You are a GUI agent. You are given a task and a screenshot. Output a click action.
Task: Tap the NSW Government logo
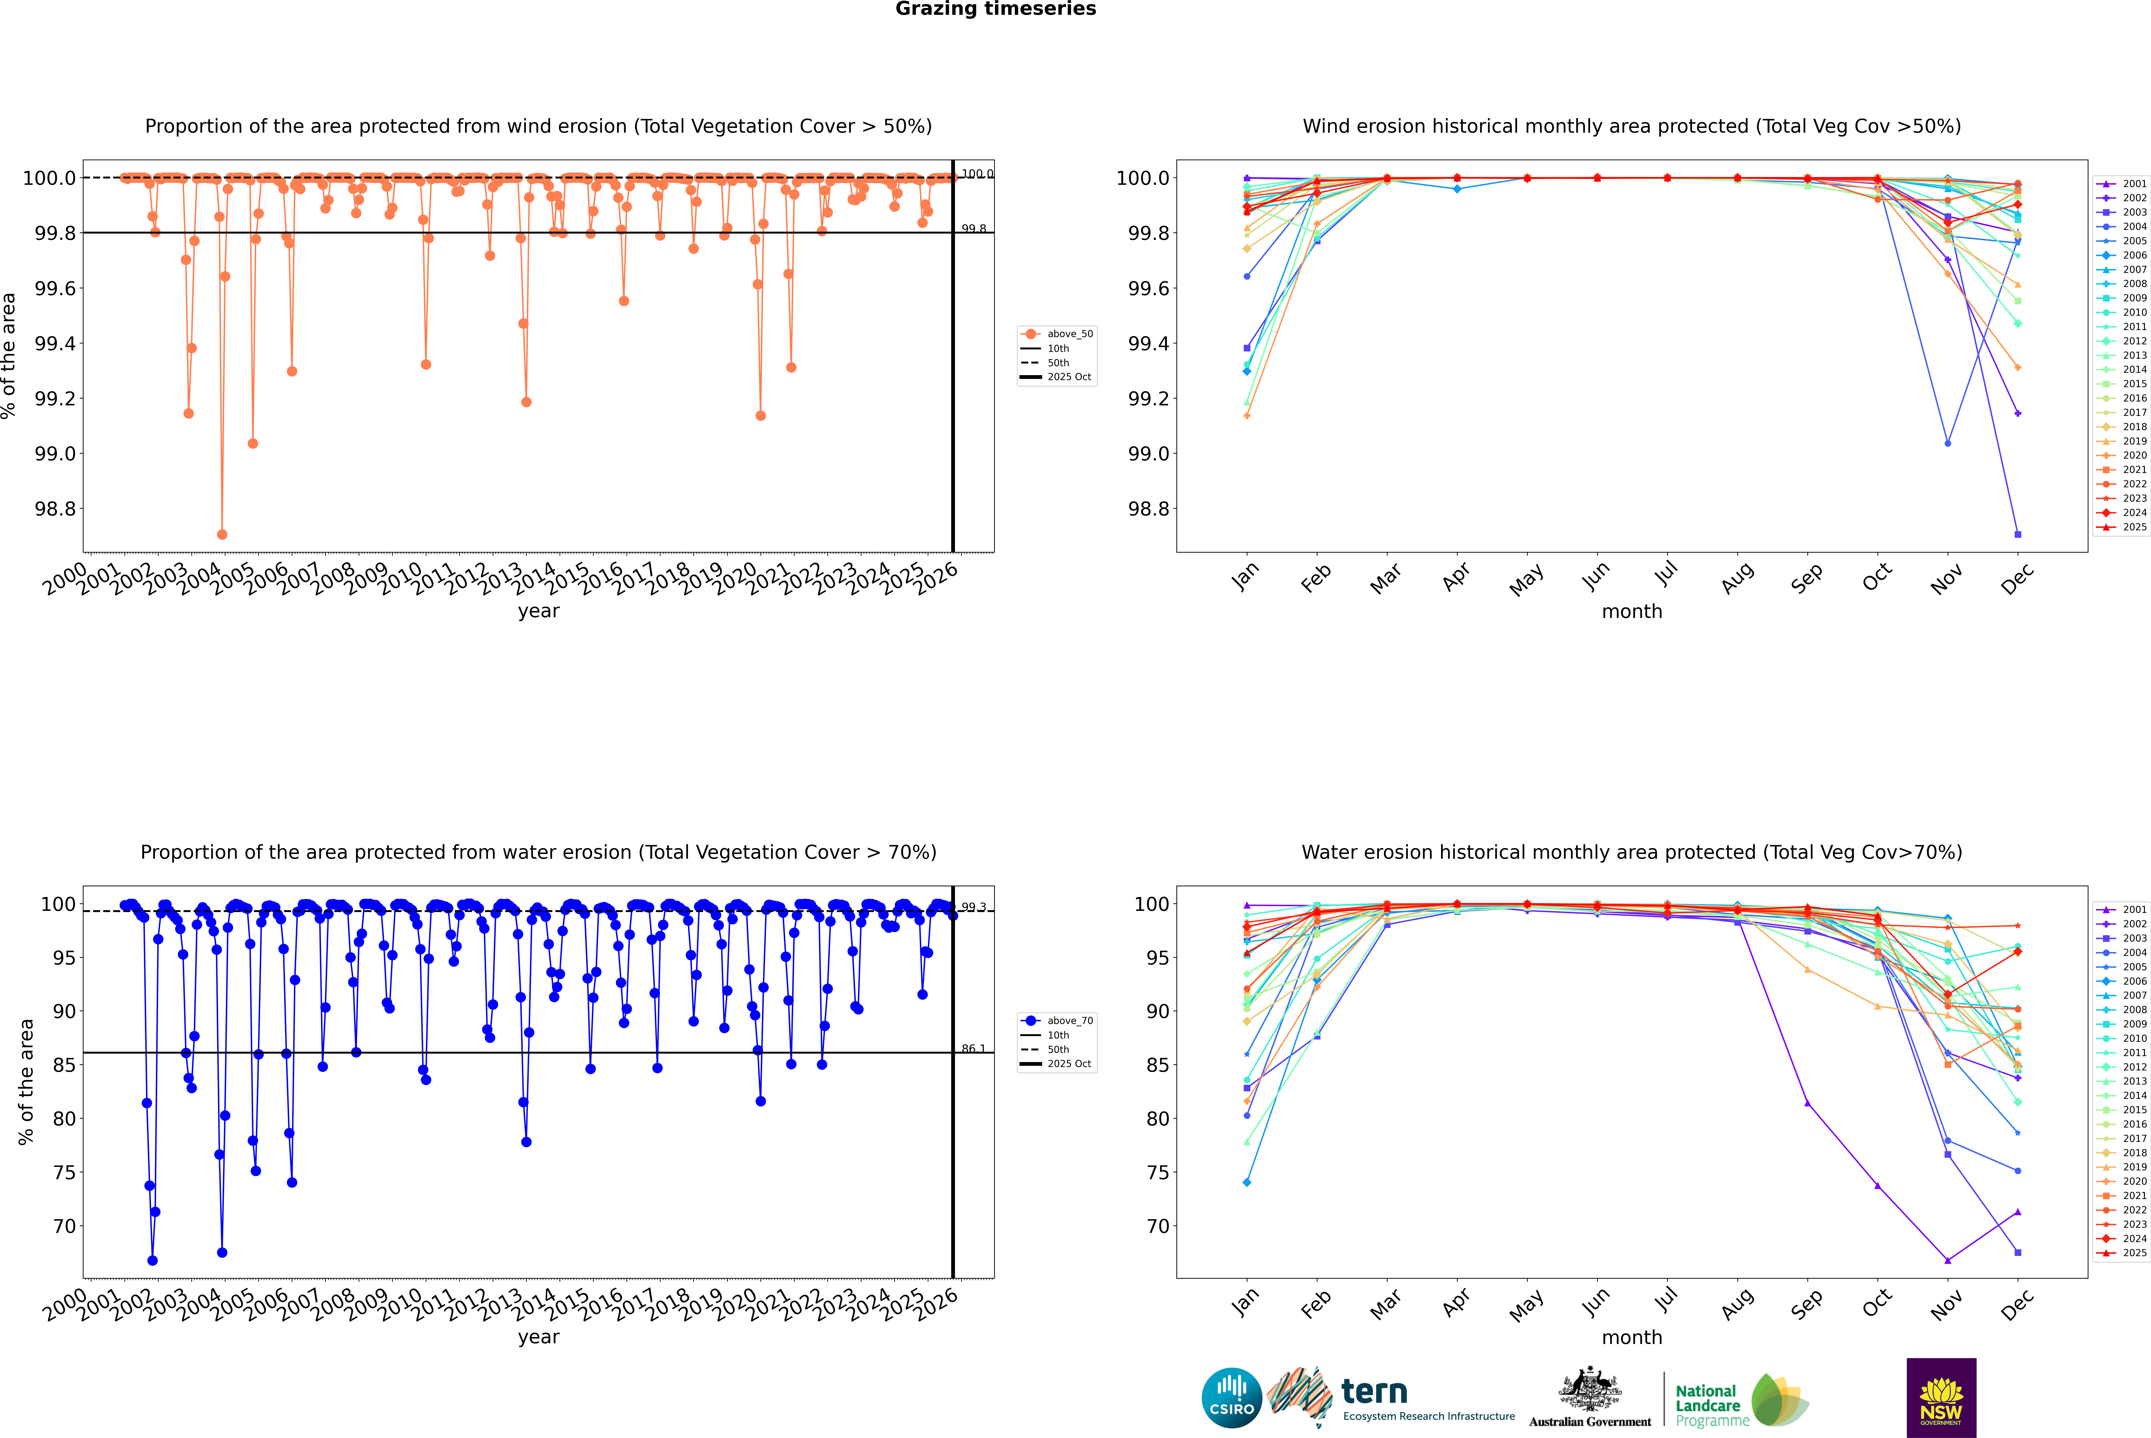(1941, 1398)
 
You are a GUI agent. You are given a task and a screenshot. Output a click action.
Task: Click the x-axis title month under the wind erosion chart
(1631, 612)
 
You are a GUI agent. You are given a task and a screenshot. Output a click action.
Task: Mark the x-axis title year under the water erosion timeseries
(538, 1337)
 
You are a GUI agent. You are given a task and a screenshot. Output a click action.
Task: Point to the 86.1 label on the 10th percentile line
(973, 1048)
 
